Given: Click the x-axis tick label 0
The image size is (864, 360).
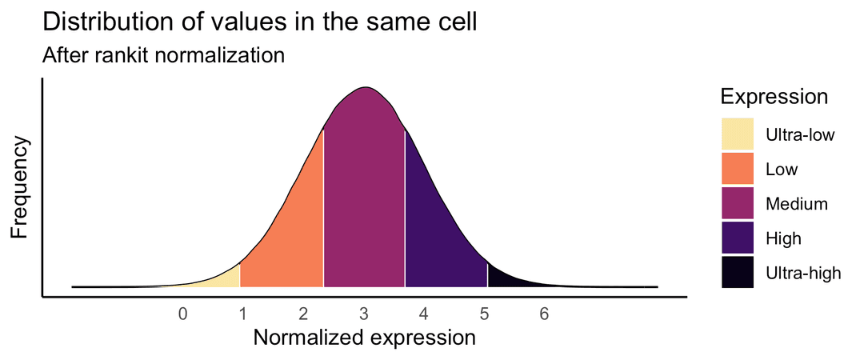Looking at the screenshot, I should [183, 314].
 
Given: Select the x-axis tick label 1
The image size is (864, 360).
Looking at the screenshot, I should [243, 314].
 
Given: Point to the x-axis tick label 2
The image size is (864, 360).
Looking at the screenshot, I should [303, 314].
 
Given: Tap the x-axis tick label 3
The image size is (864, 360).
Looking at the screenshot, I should [363, 314].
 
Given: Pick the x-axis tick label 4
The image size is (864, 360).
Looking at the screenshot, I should [423, 314].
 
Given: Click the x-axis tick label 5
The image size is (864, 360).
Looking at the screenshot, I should [483, 314].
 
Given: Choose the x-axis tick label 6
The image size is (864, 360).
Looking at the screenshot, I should [543, 314].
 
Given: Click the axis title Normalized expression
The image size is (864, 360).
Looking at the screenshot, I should [364, 338].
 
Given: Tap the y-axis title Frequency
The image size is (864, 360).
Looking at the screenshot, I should [21, 187].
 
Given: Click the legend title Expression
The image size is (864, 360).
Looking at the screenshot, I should [774, 97].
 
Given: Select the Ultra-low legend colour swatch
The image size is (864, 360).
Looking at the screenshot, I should [738, 134].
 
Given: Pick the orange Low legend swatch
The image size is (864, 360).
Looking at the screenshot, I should [738, 169].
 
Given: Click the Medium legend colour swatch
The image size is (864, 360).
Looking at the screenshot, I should [738, 203].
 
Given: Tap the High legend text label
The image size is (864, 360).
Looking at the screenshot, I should [783, 238].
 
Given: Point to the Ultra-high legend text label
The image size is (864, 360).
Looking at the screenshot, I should [803, 273].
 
